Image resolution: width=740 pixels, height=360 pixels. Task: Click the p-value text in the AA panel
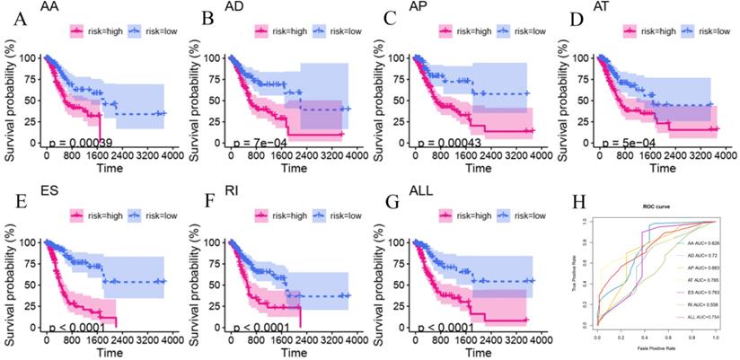pos(85,141)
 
